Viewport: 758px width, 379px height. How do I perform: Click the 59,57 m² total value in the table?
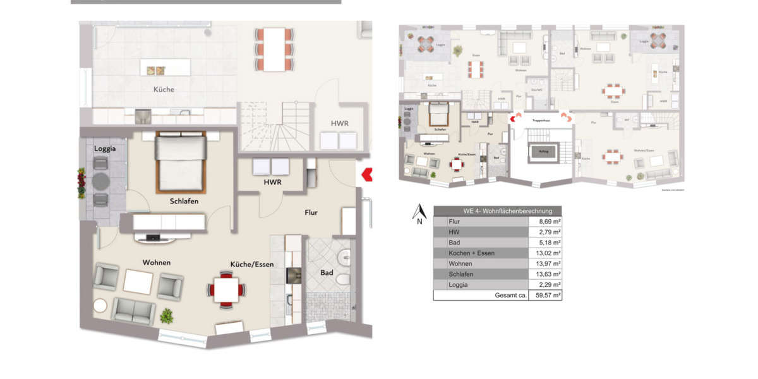[x=545, y=295]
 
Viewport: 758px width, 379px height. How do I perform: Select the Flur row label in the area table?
[x=454, y=222]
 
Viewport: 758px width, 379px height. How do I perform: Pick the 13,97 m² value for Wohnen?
[x=545, y=263]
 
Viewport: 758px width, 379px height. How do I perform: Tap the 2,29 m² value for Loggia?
[x=545, y=285]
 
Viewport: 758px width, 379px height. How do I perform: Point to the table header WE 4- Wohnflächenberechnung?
[x=497, y=211]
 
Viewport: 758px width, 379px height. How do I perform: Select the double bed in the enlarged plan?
[x=181, y=162]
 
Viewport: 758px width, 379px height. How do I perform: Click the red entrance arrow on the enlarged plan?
[x=365, y=174]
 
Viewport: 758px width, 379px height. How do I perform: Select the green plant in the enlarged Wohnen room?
[x=167, y=315]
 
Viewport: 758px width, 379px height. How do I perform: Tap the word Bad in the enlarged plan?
[x=327, y=273]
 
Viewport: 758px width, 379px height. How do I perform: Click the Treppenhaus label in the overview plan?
[x=541, y=119]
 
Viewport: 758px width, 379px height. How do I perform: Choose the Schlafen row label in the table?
[x=460, y=274]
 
